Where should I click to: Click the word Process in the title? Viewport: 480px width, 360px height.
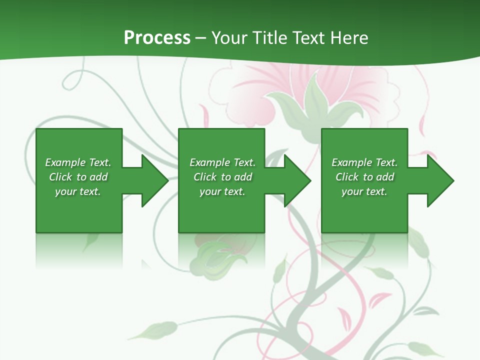click(157, 37)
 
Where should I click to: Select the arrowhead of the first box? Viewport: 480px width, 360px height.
click(153, 180)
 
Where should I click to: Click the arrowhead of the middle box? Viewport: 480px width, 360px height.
click(296, 180)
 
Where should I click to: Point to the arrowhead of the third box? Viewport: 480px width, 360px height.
click(439, 180)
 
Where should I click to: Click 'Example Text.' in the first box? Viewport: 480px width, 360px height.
click(78, 162)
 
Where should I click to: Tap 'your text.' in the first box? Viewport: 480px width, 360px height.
click(78, 191)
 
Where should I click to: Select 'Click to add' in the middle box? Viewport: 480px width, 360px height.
click(222, 177)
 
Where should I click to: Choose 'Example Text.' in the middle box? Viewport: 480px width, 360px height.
click(222, 162)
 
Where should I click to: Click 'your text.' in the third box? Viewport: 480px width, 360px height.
click(364, 191)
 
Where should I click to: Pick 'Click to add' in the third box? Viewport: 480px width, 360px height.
click(364, 177)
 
